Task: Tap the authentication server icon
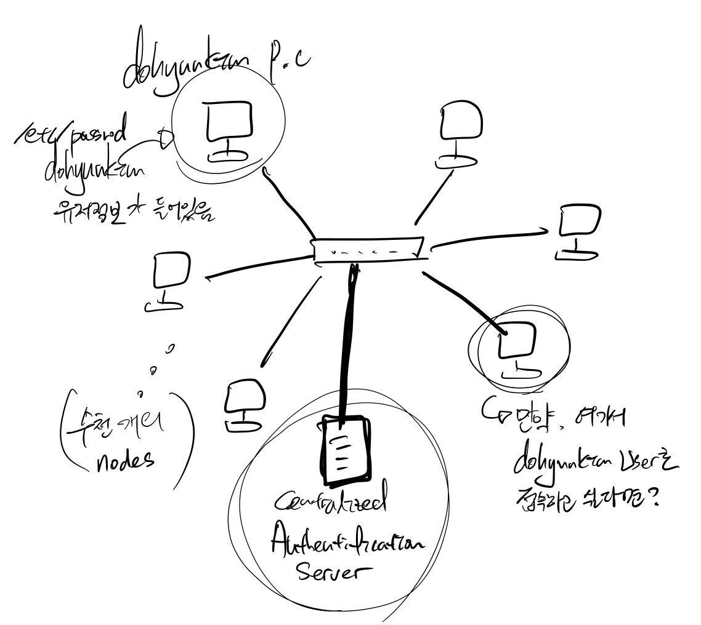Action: pyautogui.click(x=347, y=450)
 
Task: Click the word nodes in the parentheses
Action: pyautogui.click(x=125, y=460)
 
